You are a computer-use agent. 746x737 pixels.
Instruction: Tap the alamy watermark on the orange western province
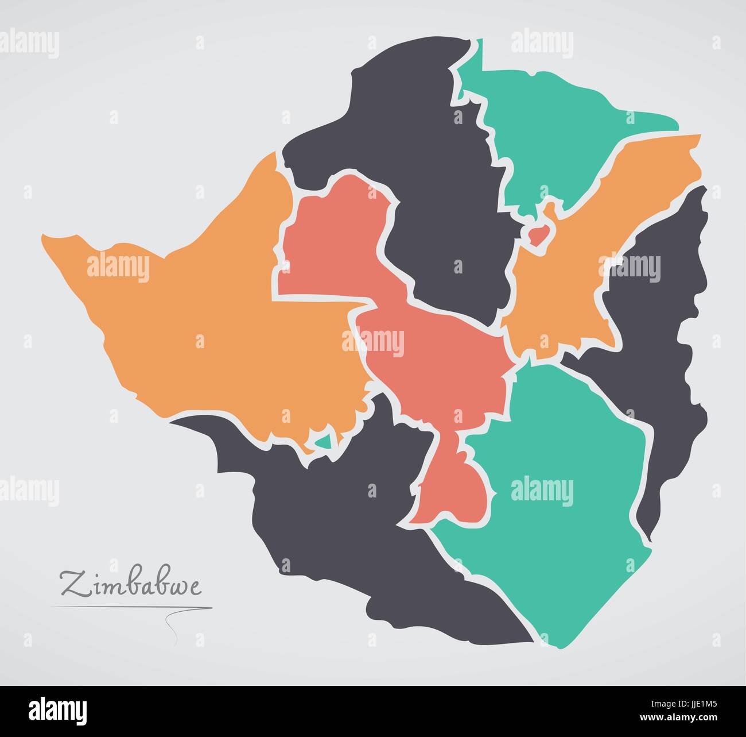pyautogui.click(x=118, y=268)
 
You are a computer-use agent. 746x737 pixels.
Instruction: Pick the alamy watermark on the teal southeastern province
pyautogui.click(x=542, y=491)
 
